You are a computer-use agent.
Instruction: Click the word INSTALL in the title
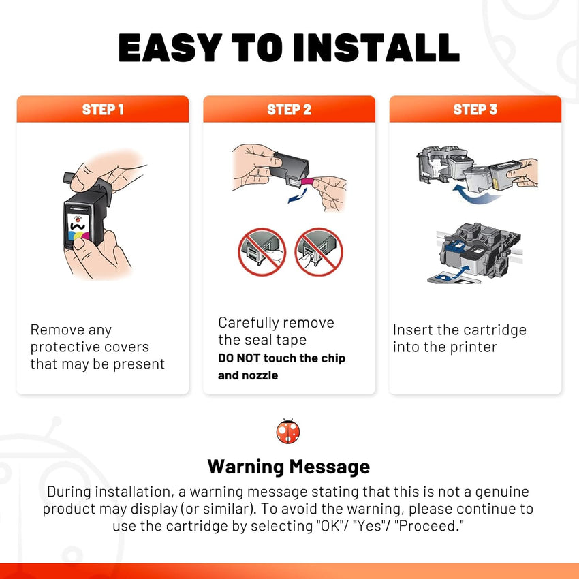click(x=376, y=47)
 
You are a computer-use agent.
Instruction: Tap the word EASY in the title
click(x=170, y=47)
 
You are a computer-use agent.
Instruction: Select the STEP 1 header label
click(x=103, y=109)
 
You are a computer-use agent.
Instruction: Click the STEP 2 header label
click(x=289, y=109)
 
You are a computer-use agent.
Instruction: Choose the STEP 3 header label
click(x=475, y=109)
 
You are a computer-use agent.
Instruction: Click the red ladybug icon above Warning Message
click(x=288, y=431)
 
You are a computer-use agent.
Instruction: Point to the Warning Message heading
click(x=288, y=467)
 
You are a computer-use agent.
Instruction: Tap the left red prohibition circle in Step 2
click(x=262, y=252)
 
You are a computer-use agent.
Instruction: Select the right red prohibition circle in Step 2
click(x=319, y=252)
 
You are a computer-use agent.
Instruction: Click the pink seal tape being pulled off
click(x=307, y=182)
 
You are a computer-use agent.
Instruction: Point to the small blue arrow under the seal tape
click(x=298, y=196)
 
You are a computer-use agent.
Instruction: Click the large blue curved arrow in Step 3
click(x=475, y=195)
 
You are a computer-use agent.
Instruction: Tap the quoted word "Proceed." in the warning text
click(x=429, y=526)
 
